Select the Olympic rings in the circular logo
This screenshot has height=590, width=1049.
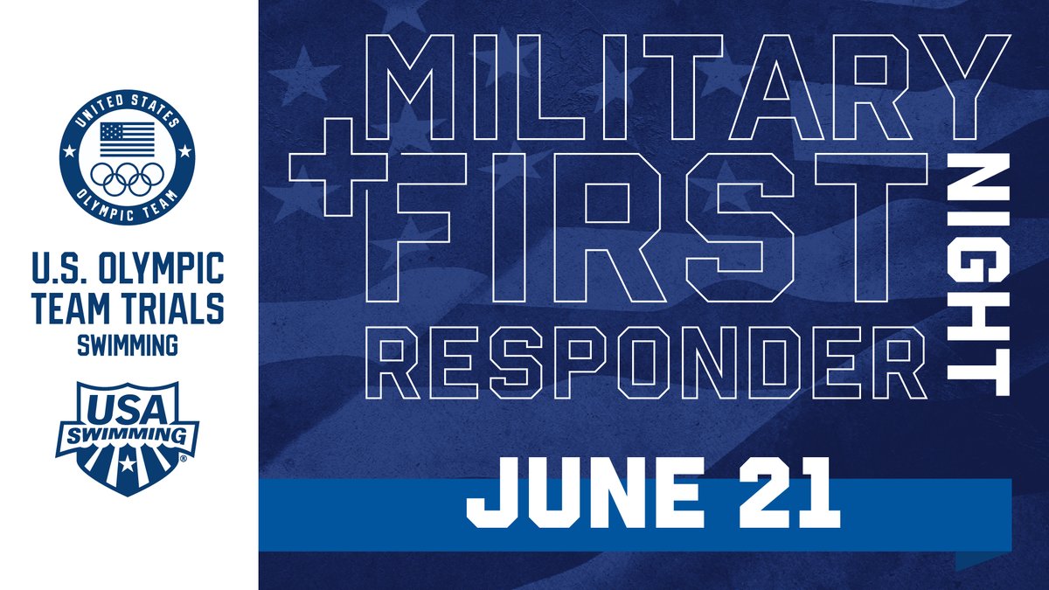pos(129,178)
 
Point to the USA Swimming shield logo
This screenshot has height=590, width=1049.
pos(128,437)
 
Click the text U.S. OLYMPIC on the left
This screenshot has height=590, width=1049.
pos(128,268)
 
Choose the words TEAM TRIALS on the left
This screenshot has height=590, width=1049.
pos(128,307)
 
